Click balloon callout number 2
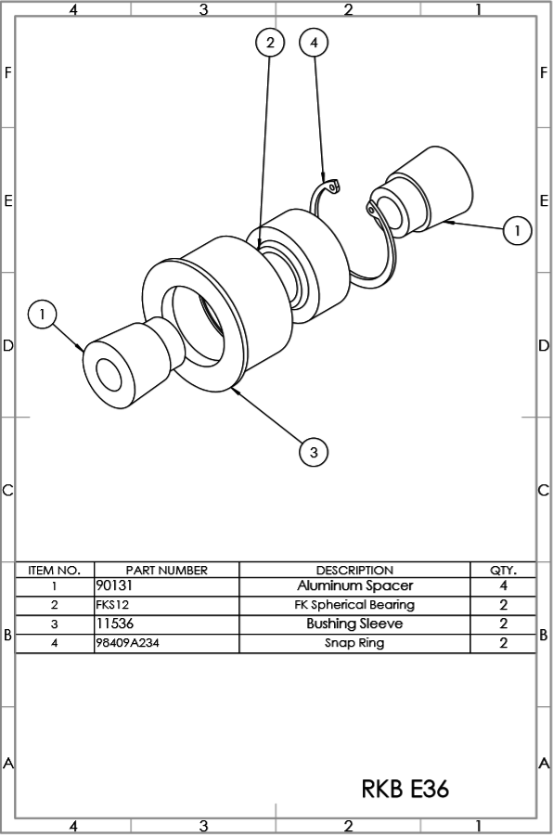(x=270, y=42)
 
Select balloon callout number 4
(x=314, y=42)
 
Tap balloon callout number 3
(x=314, y=452)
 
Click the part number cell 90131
(x=114, y=586)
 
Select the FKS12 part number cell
(x=112, y=605)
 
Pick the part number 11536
(x=115, y=624)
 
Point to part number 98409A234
(x=127, y=643)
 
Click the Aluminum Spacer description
(x=354, y=586)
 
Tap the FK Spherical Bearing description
(x=354, y=605)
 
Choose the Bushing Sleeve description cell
(x=354, y=624)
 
